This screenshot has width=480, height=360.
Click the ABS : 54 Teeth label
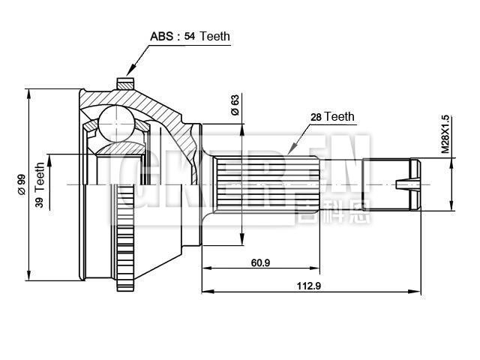click(190, 36)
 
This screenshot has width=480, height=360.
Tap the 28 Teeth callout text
click(331, 116)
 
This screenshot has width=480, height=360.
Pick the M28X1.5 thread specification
click(445, 134)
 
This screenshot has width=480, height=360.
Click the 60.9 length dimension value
click(261, 261)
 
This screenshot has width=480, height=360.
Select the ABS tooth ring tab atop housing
click(125, 82)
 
